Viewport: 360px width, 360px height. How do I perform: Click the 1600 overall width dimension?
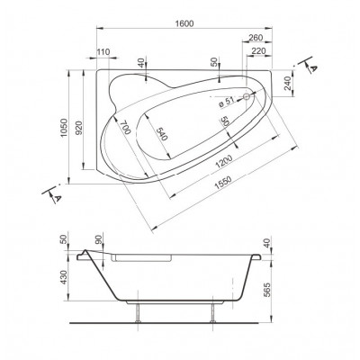pyautogui.click(x=184, y=23)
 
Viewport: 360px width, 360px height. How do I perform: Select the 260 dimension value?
pyautogui.click(x=256, y=38)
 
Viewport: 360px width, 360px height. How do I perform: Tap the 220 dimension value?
pyautogui.click(x=258, y=51)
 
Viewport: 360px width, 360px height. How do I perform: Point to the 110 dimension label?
pyautogui.click(x=103, y=51)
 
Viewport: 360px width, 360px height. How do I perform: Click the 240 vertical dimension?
pyautogui.click(x=288, y=84)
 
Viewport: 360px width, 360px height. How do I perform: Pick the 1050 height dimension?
pyautogui.click(x=64, y=128)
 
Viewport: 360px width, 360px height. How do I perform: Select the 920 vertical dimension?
pyautogui.click(x=78, y=128)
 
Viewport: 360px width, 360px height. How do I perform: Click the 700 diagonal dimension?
pyautogui.click(x=125, y=127)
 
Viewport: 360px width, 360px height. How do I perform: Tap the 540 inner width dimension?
pyautogui.click(x=161, y=134)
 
